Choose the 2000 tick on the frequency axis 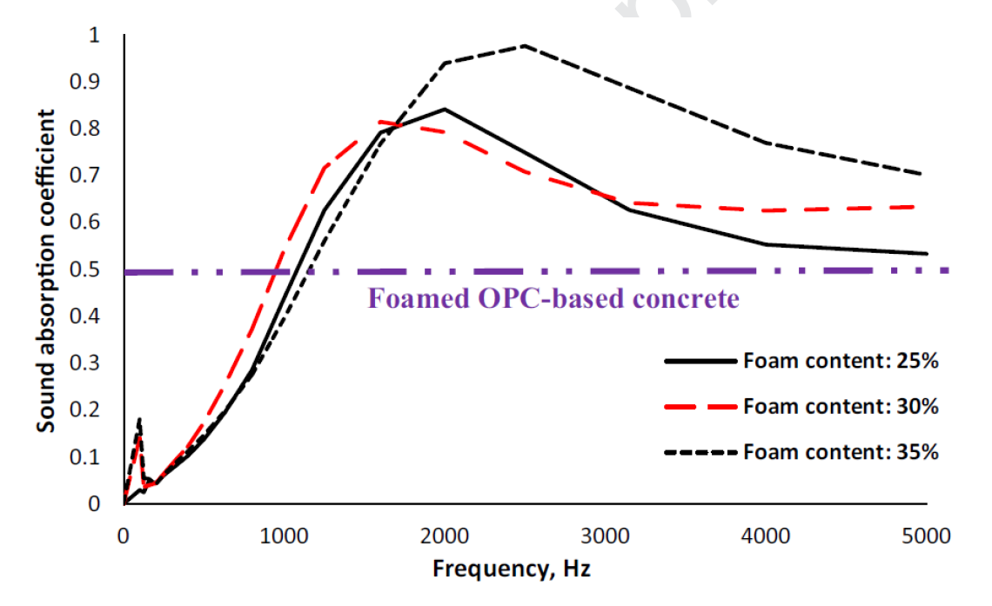pyautogui.click(x=445, y=536)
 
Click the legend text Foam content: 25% pyautogui.click(x=840, y=362)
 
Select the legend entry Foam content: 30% pyautogui.click(x=840, y=406)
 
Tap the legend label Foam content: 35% pyautogui.click(x=840, y=452)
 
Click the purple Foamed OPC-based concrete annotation pyautogui.click(x=553, y=299)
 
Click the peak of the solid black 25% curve pyautogui.click(x=445, y=109)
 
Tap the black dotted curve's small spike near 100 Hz pyautogui.click(x=139, y=420)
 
